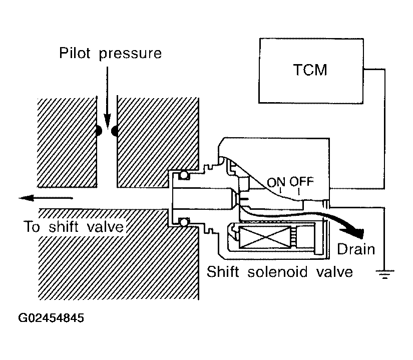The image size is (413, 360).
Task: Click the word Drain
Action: [x=356, y=248]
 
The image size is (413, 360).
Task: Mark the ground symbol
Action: [x=384, y=273]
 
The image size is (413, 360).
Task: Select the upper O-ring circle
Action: [x=184, y=175]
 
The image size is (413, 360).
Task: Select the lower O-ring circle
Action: [x=184, y=222]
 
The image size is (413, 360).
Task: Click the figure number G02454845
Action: [x=51, y=318]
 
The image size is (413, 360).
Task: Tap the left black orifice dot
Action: [x=98, y=131]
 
